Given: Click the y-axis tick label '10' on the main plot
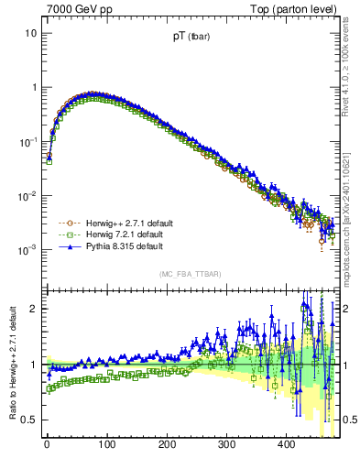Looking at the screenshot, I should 30,33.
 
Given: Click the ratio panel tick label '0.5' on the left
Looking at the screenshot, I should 27,420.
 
